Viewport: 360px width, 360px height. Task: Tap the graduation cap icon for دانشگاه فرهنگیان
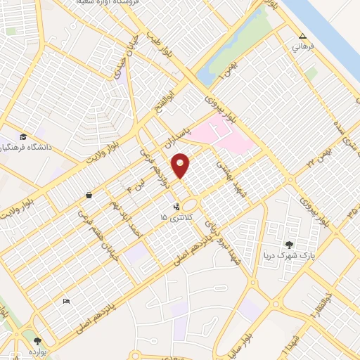pyautogui.click(x=22, y=136)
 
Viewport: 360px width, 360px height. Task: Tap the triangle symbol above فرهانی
pyautogui.click(x=302, y=37)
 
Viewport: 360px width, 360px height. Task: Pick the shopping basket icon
pyautogui.click(x=89, y=195)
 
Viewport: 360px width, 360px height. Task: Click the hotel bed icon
pyautogui.click(x=66, y=302)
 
